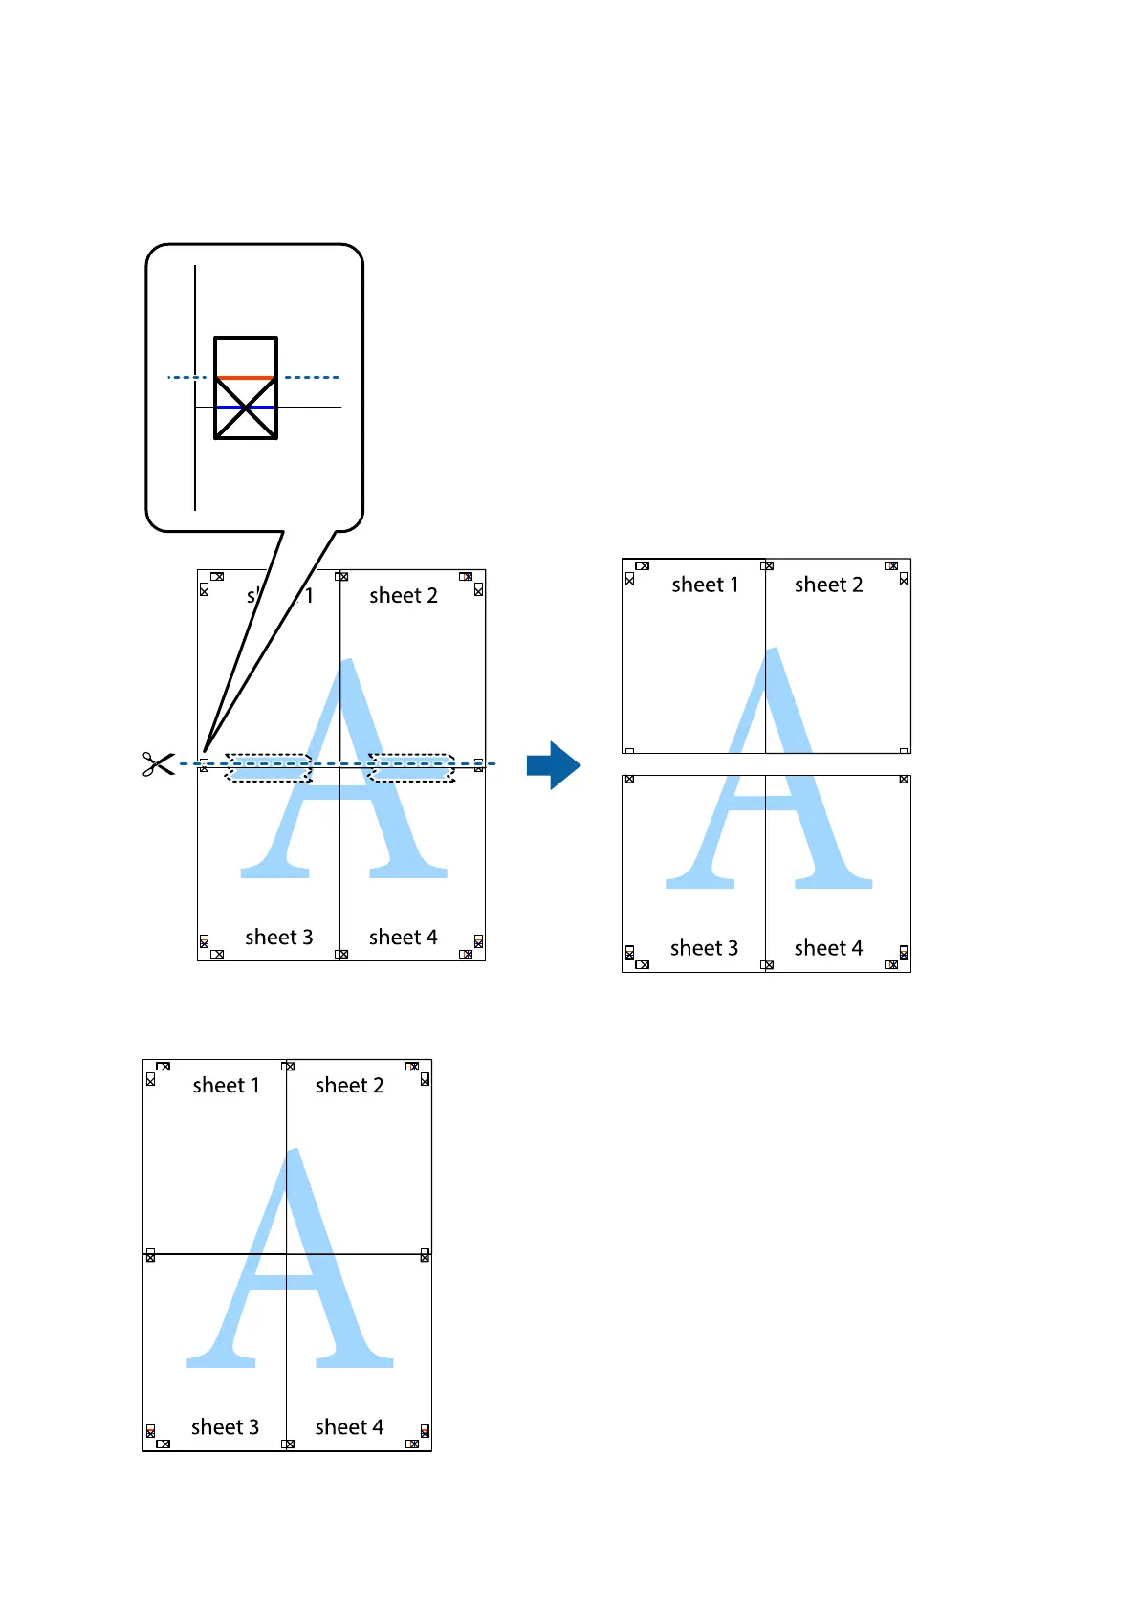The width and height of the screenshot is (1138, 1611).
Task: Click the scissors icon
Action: click(x=158, y=763)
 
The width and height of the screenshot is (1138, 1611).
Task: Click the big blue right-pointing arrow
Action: click(x=553, y=764)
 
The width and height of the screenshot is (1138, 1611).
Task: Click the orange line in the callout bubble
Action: click(x=246, y=378)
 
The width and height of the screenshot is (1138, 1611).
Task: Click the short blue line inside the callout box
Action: click(x=246, y=408)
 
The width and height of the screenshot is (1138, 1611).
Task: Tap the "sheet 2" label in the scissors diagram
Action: click(x=403, y=595)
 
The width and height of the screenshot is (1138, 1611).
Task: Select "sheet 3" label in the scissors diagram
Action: click(x=278, y=937)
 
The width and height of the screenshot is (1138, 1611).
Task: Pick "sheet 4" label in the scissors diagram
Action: click(x=403, y=937)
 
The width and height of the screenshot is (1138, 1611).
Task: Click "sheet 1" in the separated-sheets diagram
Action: click(x=705, y=585)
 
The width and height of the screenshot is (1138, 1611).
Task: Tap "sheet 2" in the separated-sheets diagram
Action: click(x=828, y=585)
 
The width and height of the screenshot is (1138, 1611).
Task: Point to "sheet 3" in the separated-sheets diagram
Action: click(x=704, y=948)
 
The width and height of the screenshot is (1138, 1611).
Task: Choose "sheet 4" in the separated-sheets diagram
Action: click(x=828, y=948)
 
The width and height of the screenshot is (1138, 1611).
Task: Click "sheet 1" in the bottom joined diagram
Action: click(x=226, y=1085)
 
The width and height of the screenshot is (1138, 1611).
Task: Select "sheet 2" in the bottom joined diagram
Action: click(x=349, y=1085)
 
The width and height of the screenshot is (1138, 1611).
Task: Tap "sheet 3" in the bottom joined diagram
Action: click(x=225, y=1427)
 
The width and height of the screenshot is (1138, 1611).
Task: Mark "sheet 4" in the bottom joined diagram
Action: click(x=349, y=1427)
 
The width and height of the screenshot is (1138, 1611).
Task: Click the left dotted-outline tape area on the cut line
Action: click(x=269, y=767)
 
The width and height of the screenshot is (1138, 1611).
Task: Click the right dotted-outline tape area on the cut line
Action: click(x=411, y=767)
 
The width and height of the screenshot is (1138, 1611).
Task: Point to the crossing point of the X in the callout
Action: click(x=246, y=408)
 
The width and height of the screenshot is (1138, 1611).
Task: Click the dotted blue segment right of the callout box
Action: click(x=312, y=377)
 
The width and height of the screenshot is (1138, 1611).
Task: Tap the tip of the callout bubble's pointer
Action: click(x=205, y=755)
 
